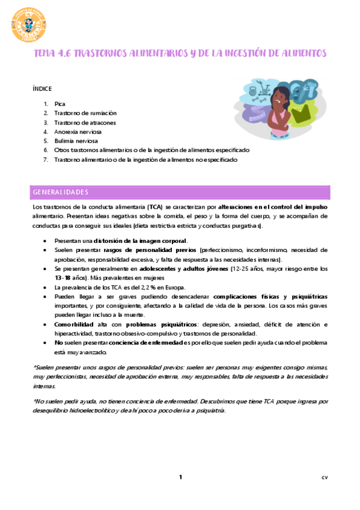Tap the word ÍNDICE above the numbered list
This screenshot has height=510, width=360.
(x=42, y=88)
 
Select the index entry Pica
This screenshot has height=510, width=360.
(x=59, y=103)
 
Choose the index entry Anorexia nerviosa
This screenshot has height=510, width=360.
(x=78, y=132)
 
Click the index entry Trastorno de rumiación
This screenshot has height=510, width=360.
(x=85, y=113)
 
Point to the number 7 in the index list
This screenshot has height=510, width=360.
(x=45, y=160)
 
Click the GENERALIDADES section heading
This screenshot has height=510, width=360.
(x=60, y=192)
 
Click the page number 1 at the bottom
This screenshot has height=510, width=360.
(x=180, y=478)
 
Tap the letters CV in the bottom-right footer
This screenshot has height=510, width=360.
(x=325, y=478)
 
